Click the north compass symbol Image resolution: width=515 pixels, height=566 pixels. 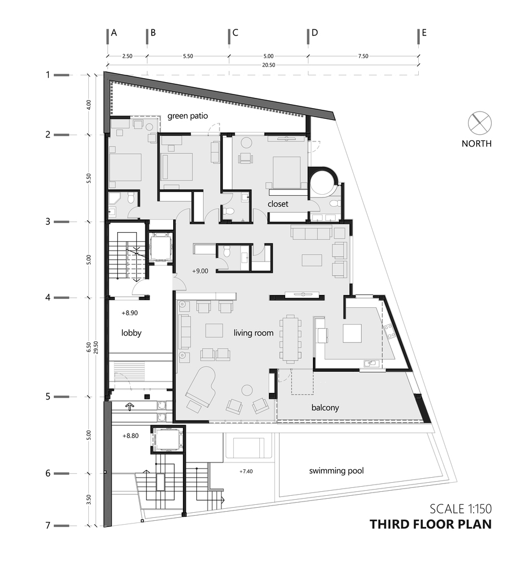point(480,123)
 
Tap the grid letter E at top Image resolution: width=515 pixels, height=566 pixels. point(424,33)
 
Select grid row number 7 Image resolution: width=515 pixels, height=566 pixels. point(48,525)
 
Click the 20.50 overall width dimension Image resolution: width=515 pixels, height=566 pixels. point(268,65)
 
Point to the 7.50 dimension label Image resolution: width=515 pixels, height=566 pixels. point(363,56)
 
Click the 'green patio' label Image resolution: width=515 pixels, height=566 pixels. point(188,116)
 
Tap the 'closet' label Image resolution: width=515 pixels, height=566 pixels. point(278,204)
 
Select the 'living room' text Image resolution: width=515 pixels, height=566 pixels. point(254,333)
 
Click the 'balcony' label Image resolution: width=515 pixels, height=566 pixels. point(325,408)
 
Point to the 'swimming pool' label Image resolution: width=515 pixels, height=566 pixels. point(336,471)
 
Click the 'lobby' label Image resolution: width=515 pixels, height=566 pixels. point(131,333)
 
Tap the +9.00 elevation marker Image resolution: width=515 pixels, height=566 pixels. point(200,271)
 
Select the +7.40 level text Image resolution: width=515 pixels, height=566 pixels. point(246,471)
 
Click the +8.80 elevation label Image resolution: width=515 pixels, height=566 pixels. point(130,436)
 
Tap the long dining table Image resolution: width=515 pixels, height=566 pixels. point(290,338)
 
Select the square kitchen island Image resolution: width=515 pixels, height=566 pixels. point(352,333)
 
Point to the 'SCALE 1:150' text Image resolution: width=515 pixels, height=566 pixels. point(461,509)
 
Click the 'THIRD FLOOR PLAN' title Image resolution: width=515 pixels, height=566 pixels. point(431,524)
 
